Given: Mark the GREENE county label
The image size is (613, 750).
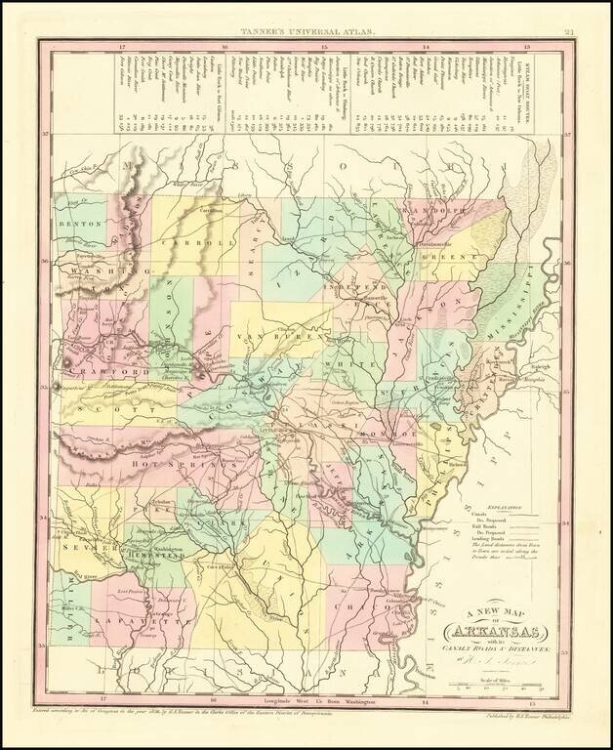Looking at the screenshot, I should tap(449, 260).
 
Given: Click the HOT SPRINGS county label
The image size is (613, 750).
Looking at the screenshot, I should tap(166, 469).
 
